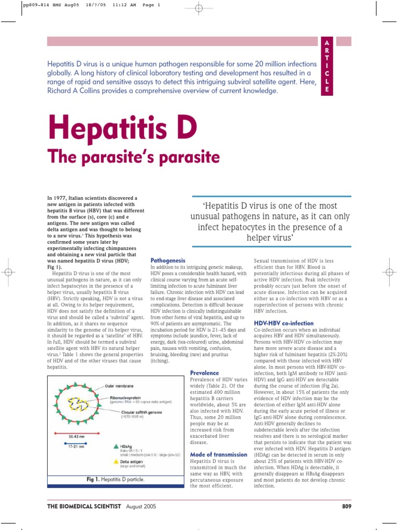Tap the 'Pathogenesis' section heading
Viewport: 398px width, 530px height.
click(x=167, y=260)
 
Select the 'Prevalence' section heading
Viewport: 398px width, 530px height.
click(x=205, y=373)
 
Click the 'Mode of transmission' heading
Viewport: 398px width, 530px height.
click(x=219, y=454)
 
